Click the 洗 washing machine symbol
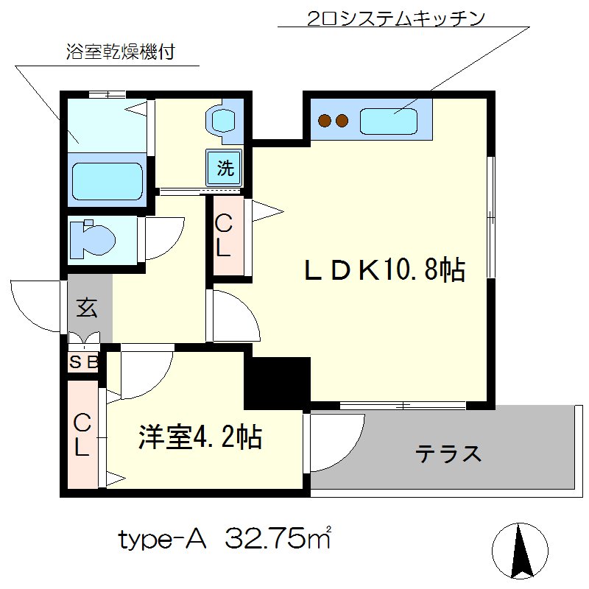click(225, 169)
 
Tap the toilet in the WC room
click(94, 238)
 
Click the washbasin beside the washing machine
click(222, 120)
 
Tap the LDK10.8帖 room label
click(385, 270)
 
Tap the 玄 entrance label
click(87, 308)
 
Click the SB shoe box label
click(83, 362)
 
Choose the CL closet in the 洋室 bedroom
click(82, 434)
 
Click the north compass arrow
click(522, 549)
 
